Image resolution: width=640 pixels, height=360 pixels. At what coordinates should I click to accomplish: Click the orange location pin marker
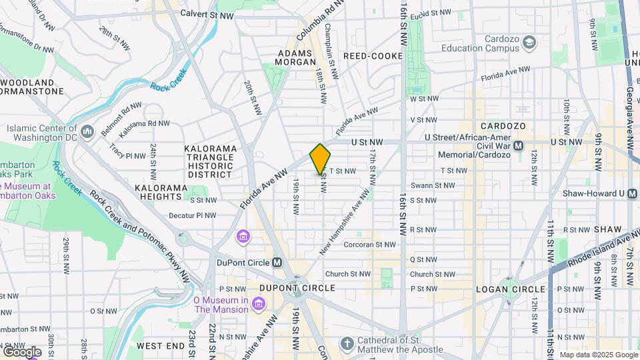(320, 159)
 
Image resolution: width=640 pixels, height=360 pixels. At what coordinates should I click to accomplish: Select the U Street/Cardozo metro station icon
(518, 145)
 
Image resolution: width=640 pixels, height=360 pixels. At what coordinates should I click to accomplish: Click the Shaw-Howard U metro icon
(622, 193)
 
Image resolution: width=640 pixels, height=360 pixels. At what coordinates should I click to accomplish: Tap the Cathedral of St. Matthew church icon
(346, 343)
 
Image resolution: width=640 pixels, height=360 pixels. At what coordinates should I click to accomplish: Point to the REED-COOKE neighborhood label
(373, 56)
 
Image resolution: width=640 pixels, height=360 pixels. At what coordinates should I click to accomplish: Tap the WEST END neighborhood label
(160, 346)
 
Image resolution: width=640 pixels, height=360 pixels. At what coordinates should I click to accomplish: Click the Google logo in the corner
(21, 351)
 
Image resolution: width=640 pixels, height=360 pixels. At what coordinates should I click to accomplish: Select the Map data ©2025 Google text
(597, 355)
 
